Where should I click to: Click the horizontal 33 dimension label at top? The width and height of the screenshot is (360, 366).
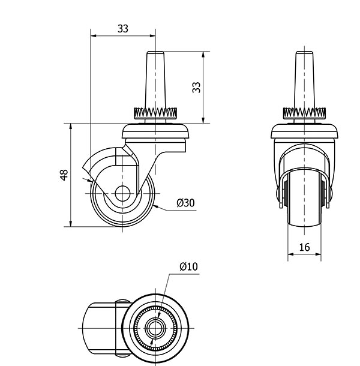(123, 29)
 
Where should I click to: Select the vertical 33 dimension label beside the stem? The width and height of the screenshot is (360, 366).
(196, 87)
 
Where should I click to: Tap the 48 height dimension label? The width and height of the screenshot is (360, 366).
(64, 175)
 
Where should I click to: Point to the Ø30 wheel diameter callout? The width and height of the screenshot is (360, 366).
(185, 203)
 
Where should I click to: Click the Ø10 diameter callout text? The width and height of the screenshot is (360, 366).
(188, 266)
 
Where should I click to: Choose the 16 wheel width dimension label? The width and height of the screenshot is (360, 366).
(304, 247)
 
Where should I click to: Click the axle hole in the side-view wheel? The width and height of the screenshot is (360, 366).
(122, 194)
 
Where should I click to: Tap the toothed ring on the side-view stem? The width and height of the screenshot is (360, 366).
(155, 113)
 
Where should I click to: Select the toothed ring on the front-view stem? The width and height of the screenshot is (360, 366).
(304, 113)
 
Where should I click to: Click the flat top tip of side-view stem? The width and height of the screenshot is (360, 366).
(155, 52)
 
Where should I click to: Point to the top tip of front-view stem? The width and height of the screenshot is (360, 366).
(304, 52)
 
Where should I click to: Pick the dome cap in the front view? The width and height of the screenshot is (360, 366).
(304, 131)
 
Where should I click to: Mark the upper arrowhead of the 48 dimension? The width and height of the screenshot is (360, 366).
(71, 127)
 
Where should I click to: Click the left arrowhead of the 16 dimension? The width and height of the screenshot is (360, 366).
(291, 254)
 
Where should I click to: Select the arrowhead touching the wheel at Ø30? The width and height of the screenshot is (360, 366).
(157, 206)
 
